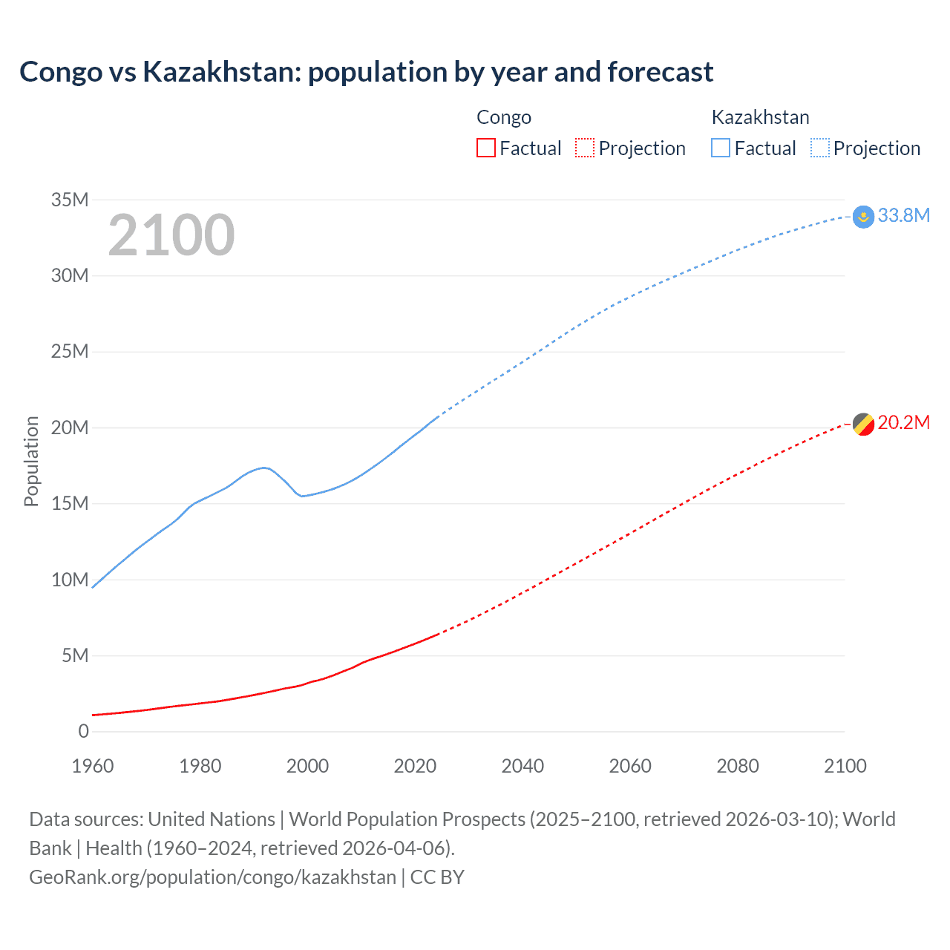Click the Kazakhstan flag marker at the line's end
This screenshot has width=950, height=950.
(863, 217)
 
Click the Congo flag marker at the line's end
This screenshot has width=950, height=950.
(863, 425)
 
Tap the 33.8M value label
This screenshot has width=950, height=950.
(903, 215)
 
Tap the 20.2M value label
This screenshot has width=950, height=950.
(903, 422)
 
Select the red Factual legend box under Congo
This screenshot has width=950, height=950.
(485, 148)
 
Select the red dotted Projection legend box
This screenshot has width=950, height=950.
(585, 148)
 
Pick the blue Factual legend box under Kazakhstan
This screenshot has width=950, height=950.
(721, 148)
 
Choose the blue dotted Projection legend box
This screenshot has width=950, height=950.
(820, 148)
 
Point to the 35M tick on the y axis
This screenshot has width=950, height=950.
(70, 200)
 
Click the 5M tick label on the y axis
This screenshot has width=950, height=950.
(75, 655)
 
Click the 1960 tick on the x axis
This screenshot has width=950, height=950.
(93, 766)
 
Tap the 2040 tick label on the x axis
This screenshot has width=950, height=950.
(522, 766)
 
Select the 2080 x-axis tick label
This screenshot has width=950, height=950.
(738, 766)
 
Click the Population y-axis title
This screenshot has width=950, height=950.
(31, 461)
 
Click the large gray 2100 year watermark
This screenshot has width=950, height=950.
(171, 235)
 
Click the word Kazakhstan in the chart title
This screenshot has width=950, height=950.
(220, 71)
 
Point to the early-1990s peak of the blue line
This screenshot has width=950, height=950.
(264, 468)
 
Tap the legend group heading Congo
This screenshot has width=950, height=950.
(504, 117)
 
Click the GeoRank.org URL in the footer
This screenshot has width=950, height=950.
(212, 877)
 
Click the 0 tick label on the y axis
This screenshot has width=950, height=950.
(83, 731)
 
